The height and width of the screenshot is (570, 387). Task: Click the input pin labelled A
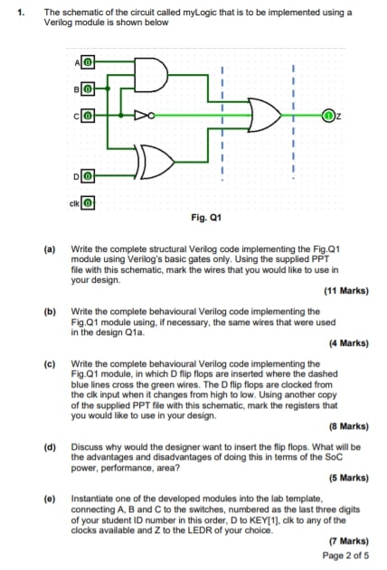pyautogui.click(x=89, y=61)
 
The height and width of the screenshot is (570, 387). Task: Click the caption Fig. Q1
pyautogui.click(x=206, y=218)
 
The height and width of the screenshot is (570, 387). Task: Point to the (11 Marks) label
pyautogui.click(x=345, y=291)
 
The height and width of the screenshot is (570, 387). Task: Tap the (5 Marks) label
pyautogui.click(x=347, y=478)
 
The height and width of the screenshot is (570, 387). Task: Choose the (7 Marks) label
pyautogui.click(x=347, y=539)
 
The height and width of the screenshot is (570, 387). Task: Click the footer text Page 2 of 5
pyautogui.click(x=344, y=554)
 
